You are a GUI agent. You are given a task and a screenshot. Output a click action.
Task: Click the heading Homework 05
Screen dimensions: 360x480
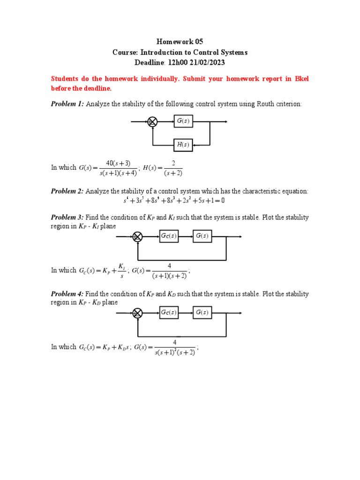point(180,42)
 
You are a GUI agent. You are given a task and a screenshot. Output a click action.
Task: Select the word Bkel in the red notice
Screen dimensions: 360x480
point(300,79)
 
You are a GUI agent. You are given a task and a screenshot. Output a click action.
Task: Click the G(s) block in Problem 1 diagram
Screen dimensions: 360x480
point(183,121)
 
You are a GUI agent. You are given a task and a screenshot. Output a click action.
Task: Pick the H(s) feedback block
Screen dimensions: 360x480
point(183,145)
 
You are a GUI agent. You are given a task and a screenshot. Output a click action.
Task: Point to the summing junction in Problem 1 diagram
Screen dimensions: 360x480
point(152,122)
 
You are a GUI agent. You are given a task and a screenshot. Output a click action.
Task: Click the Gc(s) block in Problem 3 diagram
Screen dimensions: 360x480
point(169,236)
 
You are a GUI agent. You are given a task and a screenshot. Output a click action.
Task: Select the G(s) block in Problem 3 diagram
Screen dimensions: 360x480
point(202,236)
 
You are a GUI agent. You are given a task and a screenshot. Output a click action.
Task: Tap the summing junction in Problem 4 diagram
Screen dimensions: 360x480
point(138,313)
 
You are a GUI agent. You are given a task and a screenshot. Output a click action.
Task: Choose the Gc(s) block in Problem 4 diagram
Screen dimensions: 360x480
point(169,313)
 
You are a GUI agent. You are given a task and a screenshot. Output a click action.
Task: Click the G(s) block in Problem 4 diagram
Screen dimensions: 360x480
point(202,313)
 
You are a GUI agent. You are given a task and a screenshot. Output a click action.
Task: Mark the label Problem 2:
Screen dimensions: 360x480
point(67,191)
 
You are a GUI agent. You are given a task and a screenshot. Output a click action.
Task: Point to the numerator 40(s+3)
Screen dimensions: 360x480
point(118,163)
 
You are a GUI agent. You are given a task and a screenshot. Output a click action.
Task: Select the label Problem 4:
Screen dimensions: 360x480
point(67,294)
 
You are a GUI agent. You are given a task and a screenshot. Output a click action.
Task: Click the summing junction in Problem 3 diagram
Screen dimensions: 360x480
point(138,237)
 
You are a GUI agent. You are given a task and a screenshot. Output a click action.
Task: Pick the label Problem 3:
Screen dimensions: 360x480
point(67,218)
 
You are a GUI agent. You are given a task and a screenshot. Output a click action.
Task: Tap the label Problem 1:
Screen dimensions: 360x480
point(67,104)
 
